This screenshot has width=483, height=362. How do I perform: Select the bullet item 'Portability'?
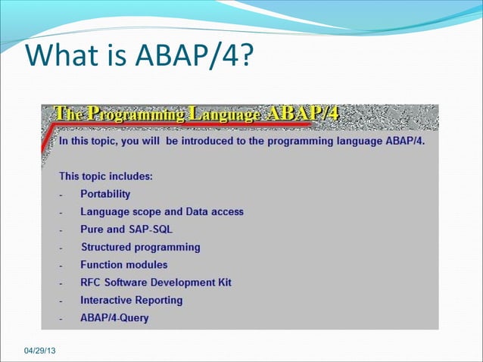105,194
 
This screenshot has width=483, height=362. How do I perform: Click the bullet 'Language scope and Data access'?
162,212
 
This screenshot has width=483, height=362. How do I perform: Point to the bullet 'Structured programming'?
140,247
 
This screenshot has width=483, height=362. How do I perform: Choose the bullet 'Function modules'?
124,265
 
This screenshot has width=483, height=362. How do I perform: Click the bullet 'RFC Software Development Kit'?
156,282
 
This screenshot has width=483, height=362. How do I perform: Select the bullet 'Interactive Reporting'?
132,300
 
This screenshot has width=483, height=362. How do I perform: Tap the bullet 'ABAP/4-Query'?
114,318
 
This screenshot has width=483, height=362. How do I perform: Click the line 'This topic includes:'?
106,176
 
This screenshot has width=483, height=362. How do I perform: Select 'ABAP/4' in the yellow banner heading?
302,114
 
